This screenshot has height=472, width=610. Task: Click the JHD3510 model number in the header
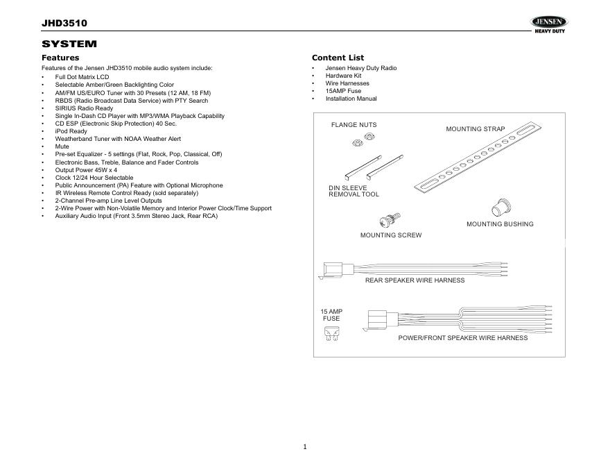(64, 24)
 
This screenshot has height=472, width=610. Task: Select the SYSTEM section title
(69, 44)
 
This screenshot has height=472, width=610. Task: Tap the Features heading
(60, 58)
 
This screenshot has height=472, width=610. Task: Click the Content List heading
(338, 58)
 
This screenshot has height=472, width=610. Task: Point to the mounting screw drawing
(390, 221)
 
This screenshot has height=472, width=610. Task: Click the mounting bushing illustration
(499, 208)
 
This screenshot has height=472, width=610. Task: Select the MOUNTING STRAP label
(475, 129)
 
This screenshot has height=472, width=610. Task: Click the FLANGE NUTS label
(354, 125)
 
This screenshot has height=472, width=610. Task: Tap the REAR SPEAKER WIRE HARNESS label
(415, 280)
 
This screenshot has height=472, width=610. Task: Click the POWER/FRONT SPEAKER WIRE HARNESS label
(462, 338)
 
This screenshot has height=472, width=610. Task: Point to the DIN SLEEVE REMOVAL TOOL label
(354, 191)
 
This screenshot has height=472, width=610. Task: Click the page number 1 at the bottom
(305, 446)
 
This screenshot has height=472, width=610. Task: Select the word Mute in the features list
(62, 146)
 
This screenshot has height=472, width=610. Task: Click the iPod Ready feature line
(71, 131)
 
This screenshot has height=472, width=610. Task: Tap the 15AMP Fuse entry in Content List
(343, 91)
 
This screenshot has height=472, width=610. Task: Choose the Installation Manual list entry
(351, 99)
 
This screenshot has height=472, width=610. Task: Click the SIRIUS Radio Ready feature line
(84, 108)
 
